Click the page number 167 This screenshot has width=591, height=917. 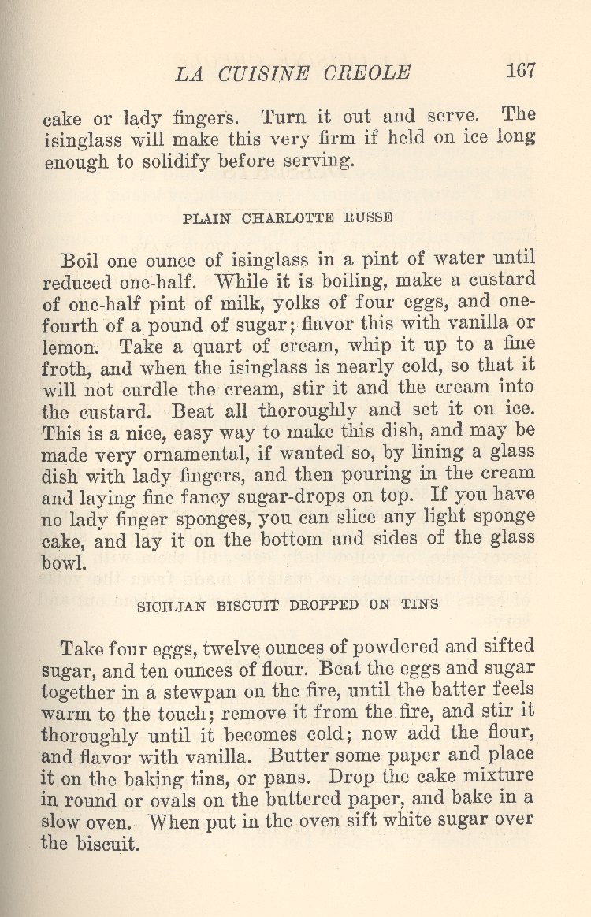(x=521, y=70)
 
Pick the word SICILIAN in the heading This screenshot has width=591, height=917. (x=171, y=607)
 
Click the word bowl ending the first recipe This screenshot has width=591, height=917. (x=64, y=562)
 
